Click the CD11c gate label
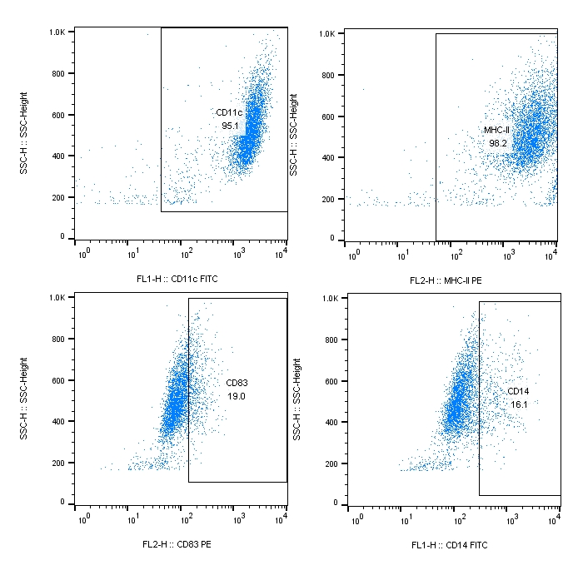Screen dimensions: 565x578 tap(228, 112)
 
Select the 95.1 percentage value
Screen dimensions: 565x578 tap(230, 126)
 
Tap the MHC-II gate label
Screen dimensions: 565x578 tap(496, 130)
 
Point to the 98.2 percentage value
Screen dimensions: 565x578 tap(498, 143)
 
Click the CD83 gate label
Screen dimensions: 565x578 tap(237, 383)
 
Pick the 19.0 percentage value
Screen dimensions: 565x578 tap(237, 397)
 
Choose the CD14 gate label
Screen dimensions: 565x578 tap(519, 390)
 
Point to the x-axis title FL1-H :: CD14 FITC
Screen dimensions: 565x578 tap(450, 545)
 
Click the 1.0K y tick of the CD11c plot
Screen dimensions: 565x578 tap(57, 32)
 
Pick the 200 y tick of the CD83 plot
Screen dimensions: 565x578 tap(57, 462)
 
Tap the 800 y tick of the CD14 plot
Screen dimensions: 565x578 tap(330, 339)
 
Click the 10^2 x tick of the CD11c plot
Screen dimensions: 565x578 tap(186, 250)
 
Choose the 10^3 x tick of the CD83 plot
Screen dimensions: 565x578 tap(236, 517)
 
